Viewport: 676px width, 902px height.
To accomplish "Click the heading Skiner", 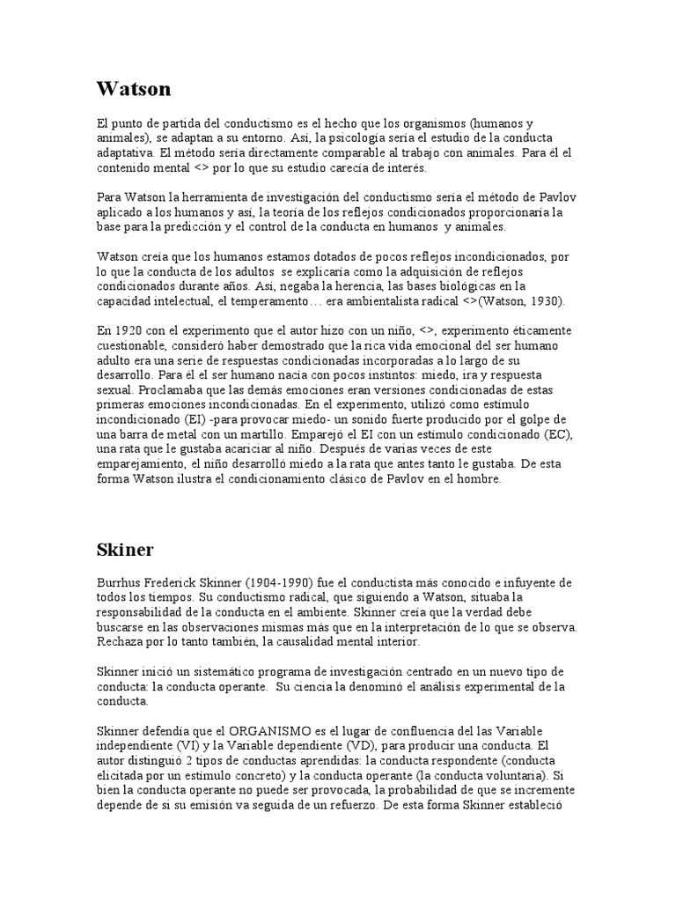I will point(125,551).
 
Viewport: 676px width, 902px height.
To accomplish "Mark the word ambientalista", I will point(429,301).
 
